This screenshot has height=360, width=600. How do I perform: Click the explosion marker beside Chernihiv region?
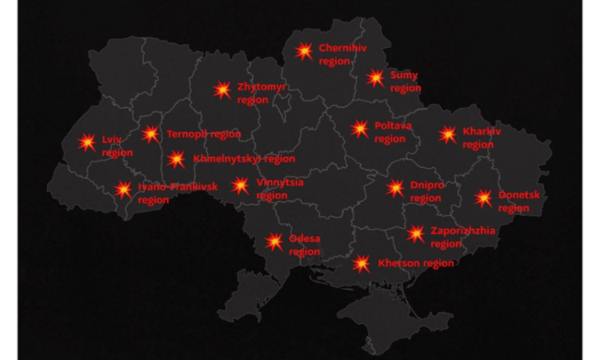click(x=303, y=51)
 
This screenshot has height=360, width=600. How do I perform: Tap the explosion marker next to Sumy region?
click(x=375, y=78)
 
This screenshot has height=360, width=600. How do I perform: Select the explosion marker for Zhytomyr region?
click(x=222, y=90)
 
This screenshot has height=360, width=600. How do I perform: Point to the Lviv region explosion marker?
click(x=86, y=143)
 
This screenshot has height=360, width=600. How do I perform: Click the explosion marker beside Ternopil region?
click(x=150, y=134)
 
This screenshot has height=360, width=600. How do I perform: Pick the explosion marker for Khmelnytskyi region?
click(x=177, y=159)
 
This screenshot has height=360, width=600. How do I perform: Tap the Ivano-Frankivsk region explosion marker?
click(x=123, y=190)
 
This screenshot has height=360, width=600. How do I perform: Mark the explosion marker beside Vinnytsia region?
click(x=240, y=186)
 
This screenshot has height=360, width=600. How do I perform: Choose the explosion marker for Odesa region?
click(x=274, y=241)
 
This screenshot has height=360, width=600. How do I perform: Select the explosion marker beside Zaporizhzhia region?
click(x=415, y=234)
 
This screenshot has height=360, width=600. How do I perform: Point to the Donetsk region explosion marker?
click(x=483, y=198)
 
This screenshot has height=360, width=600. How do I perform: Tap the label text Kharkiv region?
click(x=480, y=138)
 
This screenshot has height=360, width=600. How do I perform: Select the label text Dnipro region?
click(x=426, y=192)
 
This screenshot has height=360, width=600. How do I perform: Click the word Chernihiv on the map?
click(x=343, y=48)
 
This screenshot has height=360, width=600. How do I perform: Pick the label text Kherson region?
click(x=415, y=263)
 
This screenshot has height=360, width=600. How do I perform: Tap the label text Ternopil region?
click(x=203, y=134)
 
